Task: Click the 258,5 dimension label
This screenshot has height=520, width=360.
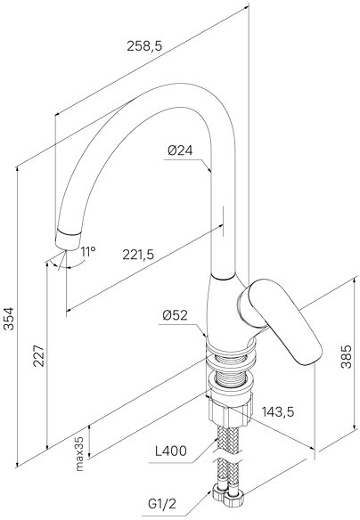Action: coord(144,46)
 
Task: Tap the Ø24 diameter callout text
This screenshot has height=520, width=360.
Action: coord(180,150)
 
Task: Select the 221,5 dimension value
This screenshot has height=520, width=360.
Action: coord(138,255)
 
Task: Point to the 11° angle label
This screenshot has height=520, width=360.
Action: coord(88,252)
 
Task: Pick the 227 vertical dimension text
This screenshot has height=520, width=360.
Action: coord(39,355)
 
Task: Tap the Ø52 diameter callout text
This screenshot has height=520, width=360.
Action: coord(176,315)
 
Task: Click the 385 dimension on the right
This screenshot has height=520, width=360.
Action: coord(347,356)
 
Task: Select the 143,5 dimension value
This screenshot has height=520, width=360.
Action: coord(278,412)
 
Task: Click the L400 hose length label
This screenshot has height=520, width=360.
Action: coord(171,451)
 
